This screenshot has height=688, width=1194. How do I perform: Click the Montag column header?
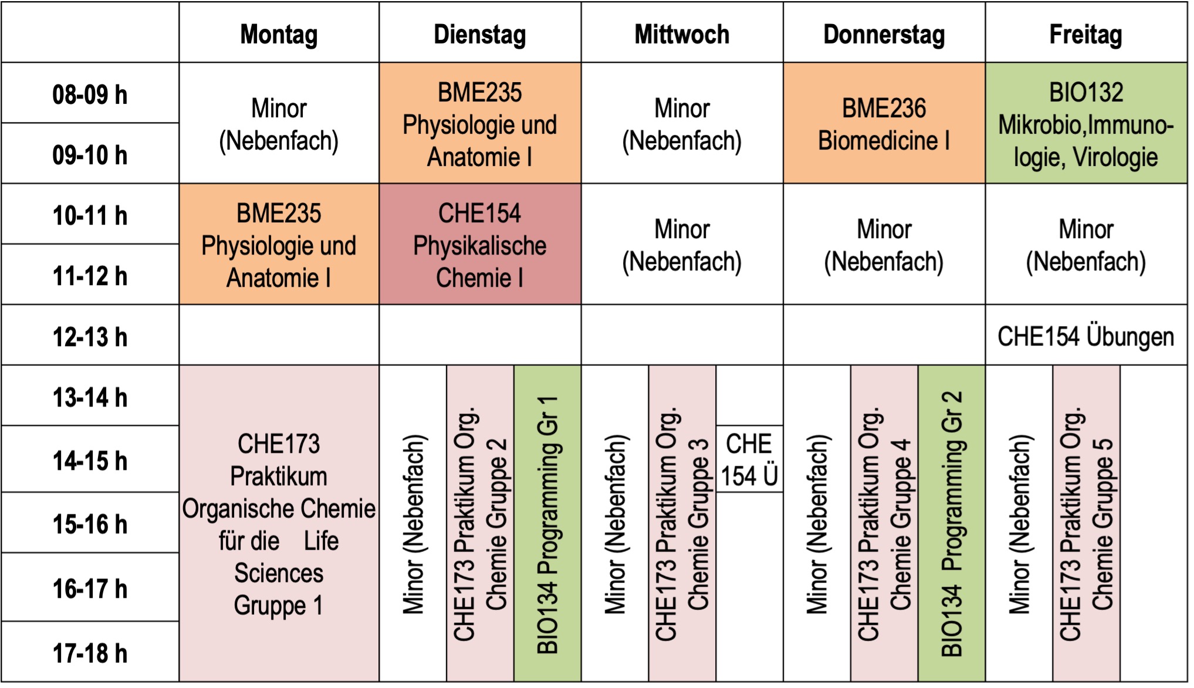click(279, 34)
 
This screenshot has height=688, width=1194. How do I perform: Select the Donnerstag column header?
click(884, 34)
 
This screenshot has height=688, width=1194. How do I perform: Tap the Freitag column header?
click(1085, 34)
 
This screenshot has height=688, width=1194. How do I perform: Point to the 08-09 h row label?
click(90, 94)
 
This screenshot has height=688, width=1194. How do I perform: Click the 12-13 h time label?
click(90, 336)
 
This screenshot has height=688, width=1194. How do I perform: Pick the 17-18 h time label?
click(90, 652)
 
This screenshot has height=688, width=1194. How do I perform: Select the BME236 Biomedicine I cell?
click(884, 124)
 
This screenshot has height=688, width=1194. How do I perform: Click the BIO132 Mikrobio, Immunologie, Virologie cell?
click(1085, 124)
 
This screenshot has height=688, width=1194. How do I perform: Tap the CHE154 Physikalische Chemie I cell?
click(479, 245)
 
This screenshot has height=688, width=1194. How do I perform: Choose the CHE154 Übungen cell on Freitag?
click(1085, 336)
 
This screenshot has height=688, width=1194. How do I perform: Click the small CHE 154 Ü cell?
click(749, 459)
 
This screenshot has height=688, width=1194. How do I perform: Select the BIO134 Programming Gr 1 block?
click(547, 524)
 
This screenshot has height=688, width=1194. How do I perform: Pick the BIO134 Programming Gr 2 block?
click(951, 524)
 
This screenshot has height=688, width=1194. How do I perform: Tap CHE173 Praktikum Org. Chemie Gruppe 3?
click(682, 524)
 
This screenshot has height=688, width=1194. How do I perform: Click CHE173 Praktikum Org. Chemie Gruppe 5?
click(1086, 524)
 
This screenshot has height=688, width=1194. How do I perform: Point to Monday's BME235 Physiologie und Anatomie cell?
click(279, 245)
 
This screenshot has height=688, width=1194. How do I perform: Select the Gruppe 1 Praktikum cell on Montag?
click(279, 524)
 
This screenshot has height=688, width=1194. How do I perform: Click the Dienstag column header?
click(479, 34)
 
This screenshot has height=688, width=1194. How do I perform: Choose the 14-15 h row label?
click(90, 460)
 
